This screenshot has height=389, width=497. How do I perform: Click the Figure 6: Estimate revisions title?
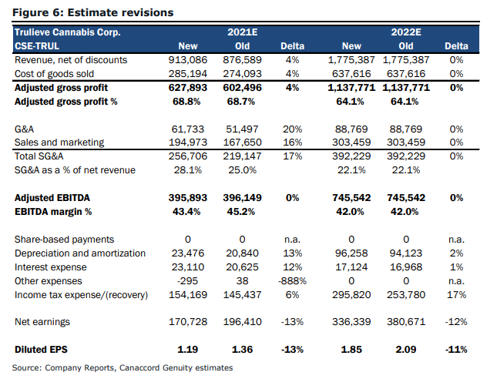click(93, 12)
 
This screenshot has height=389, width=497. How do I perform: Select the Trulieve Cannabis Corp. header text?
click(68, 32)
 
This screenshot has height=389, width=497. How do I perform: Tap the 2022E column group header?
click(406, 32)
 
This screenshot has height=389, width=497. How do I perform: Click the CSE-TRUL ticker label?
click(37, 46)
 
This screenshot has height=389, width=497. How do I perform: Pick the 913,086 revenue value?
click(188, 60)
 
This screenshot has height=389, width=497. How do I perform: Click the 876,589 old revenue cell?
click(242, 60)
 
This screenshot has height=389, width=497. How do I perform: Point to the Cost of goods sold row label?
click(54, 74)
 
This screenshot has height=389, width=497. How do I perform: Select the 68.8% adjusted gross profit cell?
click(186, 102)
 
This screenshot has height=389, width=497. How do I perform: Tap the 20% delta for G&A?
click(292, 129)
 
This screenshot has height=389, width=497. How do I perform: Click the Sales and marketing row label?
click(59, 143)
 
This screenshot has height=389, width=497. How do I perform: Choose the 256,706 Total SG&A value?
click(188, 156)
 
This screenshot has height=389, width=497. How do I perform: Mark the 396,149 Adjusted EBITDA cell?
click(242, 198)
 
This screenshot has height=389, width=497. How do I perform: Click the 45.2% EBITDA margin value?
click(241, 212)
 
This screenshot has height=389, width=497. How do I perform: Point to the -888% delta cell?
click(292, 281)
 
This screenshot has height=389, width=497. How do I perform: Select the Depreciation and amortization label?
click(80, 253)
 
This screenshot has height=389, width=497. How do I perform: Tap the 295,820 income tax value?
click(351, 295)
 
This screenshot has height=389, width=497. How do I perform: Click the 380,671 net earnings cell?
click(406, 322)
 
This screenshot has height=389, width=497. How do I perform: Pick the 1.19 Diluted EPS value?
click(188, 350)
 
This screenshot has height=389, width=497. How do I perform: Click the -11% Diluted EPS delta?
click(456, 350)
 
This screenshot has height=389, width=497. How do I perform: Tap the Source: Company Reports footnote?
click(123, 367)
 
